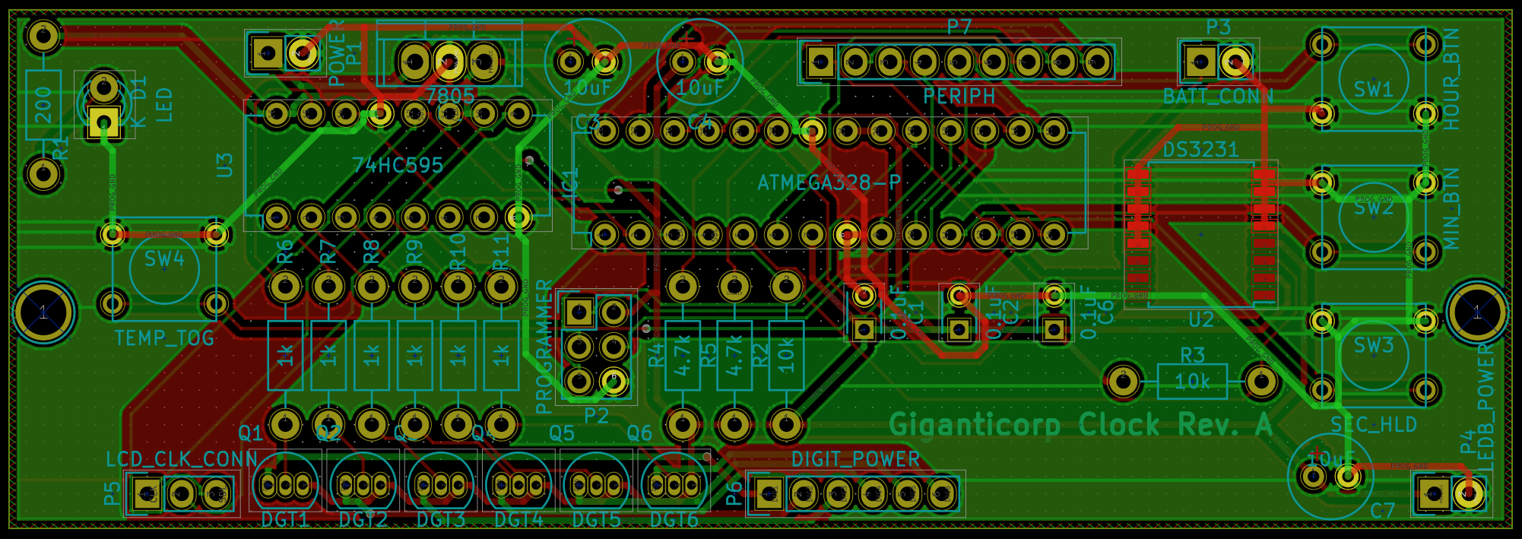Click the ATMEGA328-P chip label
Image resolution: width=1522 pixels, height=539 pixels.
[829, 183]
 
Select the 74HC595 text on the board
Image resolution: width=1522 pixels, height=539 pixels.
[398, 166]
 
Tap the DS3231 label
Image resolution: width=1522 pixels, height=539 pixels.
[1200, 150]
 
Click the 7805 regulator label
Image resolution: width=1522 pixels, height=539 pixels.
[450, 97]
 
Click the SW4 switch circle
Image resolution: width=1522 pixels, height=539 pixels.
[164, 268]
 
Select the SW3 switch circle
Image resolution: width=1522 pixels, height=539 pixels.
[1373, 354]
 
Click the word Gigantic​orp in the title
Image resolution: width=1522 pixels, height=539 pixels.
[975, 424]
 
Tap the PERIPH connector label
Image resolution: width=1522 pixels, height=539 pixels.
[959, 97]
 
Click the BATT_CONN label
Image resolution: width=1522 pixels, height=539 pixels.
[1218, 97]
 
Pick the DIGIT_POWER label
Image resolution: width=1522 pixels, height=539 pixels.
[855, 459]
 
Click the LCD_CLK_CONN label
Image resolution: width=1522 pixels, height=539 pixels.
[182, 459]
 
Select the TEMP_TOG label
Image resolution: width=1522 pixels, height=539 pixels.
[164, 338]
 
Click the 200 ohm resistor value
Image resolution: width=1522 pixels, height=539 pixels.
[43, 105]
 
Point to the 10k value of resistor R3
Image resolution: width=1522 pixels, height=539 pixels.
[1192, 381]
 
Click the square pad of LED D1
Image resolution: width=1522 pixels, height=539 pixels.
[103, 122]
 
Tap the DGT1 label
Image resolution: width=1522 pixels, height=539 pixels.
[285, 520]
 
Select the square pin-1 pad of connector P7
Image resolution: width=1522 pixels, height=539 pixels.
[820, 62]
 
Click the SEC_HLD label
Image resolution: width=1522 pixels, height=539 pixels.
[1373, 424]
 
